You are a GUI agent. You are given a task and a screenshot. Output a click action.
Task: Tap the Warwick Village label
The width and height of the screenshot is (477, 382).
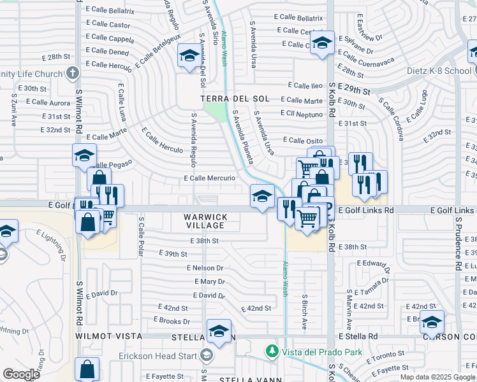point(205,221)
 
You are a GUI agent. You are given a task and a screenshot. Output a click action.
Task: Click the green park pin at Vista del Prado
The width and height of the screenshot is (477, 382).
point(272,351)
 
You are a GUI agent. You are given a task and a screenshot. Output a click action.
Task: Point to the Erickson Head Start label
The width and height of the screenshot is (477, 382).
point(160,355)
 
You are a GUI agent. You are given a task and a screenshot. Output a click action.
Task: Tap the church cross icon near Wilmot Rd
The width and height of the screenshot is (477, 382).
point(73,73)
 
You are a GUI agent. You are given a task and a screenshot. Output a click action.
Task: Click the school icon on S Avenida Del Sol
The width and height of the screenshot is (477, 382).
point(189,57)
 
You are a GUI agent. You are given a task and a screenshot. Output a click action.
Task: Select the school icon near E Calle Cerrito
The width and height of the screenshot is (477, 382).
point(322,43)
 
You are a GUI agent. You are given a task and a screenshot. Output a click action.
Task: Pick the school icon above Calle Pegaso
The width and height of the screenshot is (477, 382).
point(84,155)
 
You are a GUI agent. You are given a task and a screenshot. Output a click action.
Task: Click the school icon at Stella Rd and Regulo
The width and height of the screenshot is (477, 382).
point(219,331)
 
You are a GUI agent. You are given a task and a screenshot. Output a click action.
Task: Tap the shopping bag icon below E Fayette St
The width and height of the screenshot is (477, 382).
point(87,369)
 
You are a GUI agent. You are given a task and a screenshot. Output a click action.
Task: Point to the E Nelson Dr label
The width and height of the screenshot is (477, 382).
point(205,269)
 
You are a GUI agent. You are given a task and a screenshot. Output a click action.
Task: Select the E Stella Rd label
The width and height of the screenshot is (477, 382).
point(358,336)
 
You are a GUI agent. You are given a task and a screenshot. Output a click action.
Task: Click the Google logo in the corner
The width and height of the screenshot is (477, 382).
point(21,374)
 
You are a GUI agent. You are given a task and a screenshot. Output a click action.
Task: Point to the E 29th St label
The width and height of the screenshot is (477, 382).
point(353,90)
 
